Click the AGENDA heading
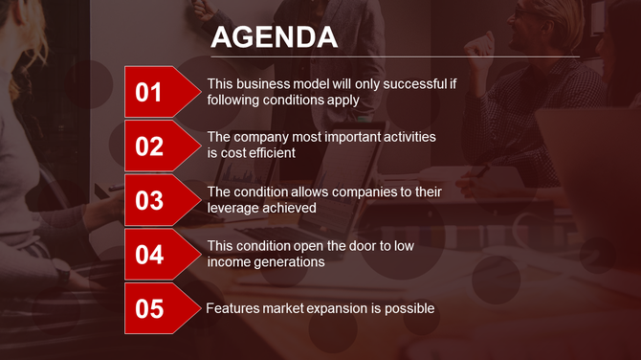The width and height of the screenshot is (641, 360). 274,36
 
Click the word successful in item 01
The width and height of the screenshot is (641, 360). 387,84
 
